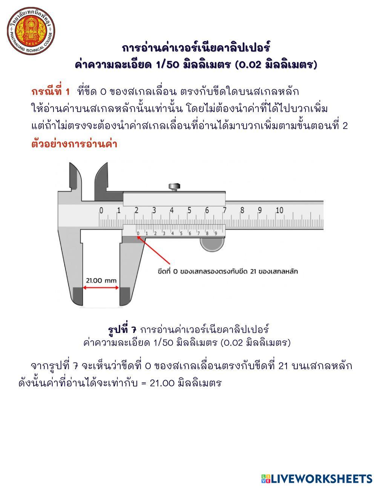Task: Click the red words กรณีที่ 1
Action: tap(51, 92)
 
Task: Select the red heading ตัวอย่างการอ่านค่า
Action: tap(74, 144)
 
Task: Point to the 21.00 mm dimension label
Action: tap(101, 281)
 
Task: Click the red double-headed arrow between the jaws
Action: tap(101, 288)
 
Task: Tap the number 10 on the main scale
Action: tap(279, 210)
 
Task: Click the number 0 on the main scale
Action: tap(101, 210)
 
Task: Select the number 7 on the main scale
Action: tap(225, 210)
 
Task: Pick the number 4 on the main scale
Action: tap(172, 210)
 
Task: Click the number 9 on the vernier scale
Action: tap(216, 233)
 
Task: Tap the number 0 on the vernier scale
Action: tap(138, 233)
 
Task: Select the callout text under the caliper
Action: tap(227, 271)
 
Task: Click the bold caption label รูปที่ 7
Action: tap(122, 329)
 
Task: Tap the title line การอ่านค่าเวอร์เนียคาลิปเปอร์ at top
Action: tap(196, 48)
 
